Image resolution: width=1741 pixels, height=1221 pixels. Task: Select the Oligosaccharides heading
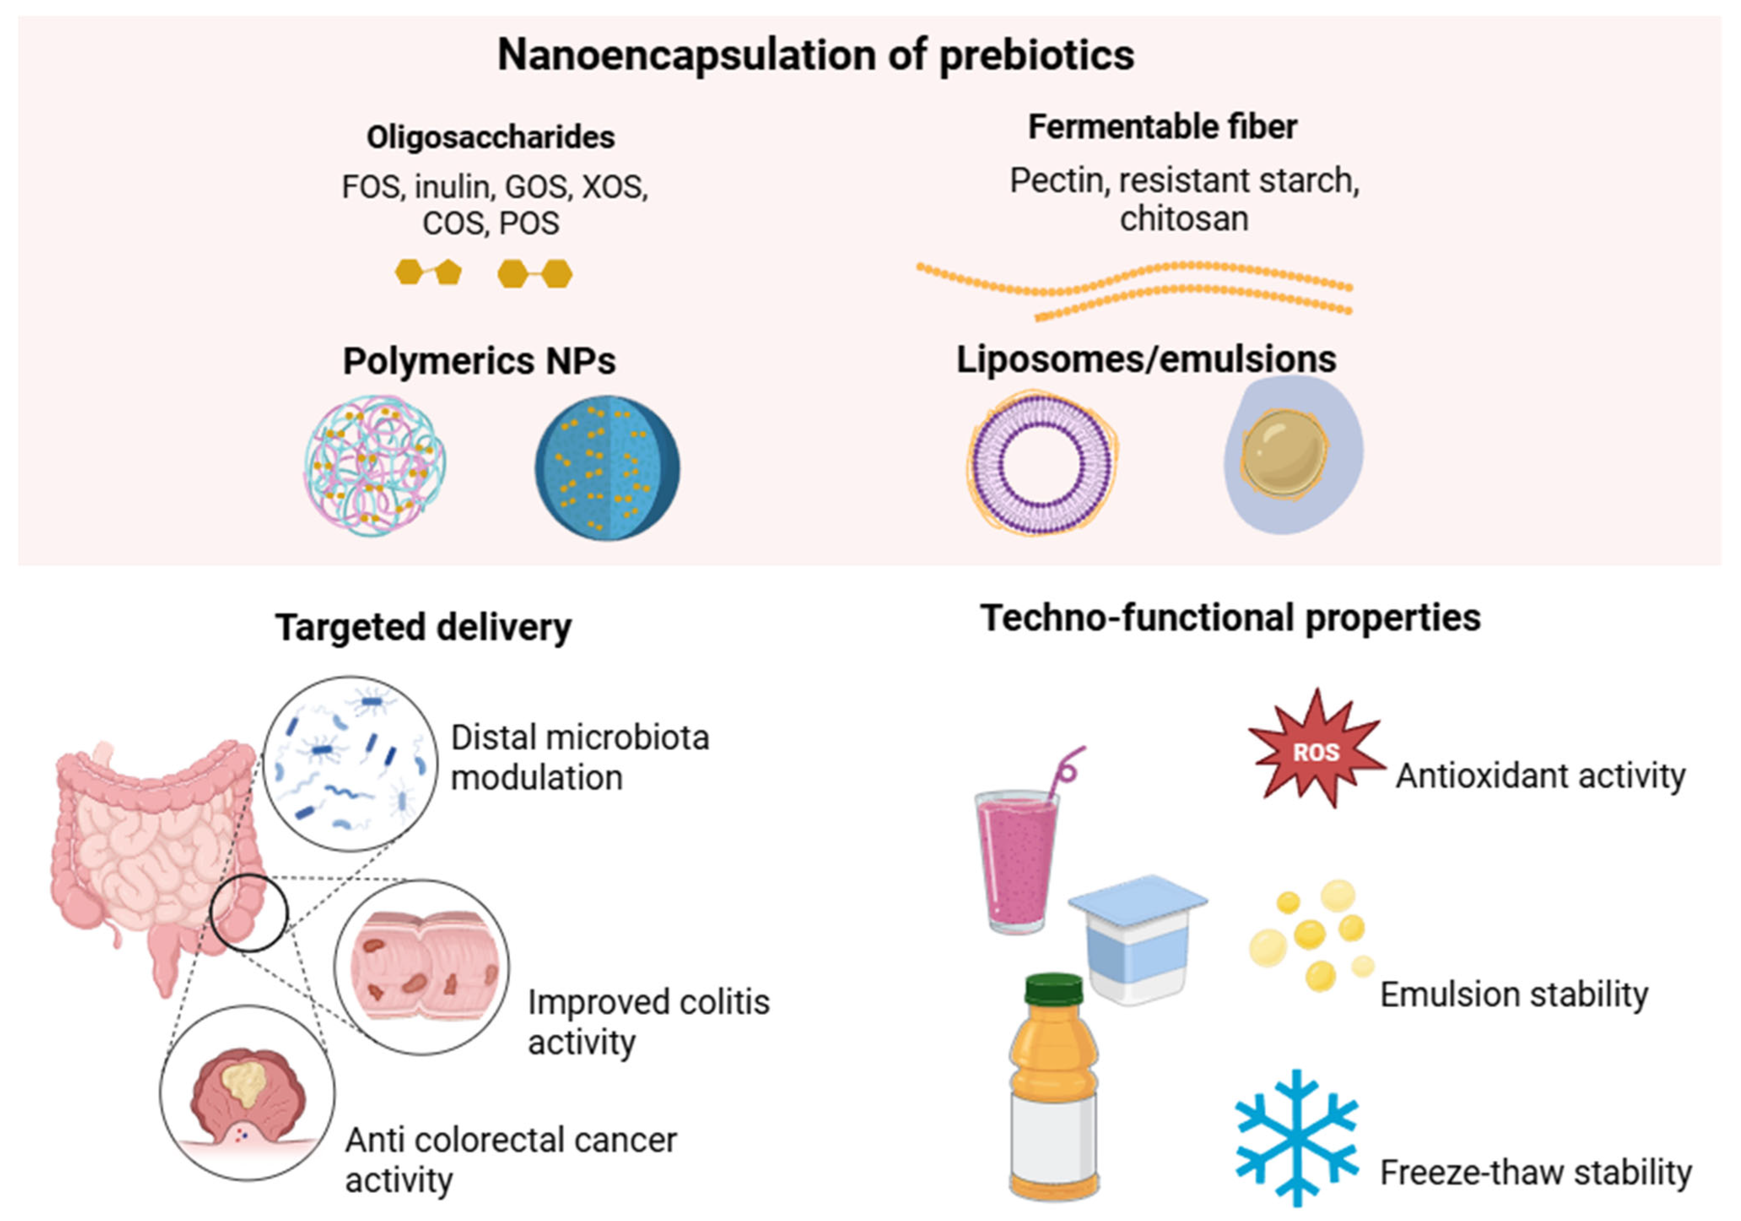pyautogui.click(x=490, y=137)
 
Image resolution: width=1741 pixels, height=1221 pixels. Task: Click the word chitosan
pyautogui.click(x=1184, y=219)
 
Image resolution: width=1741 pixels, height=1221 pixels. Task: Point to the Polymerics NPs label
pyautogui.click(x=479, y=361)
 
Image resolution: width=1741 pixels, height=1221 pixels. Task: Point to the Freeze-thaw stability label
pyautogui.click(x=1536, y=1172)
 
